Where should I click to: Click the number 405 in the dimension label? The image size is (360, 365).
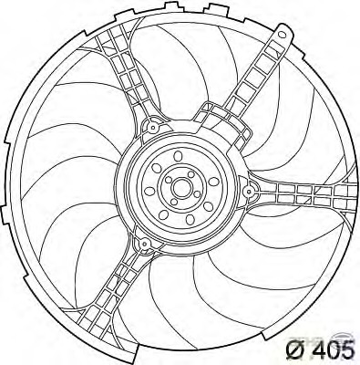tap(334, 349)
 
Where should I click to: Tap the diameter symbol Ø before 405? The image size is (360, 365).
tap(294, 349)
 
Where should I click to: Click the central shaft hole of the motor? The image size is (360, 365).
tap(180, 188)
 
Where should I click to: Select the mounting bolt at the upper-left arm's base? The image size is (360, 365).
tap(153, 127)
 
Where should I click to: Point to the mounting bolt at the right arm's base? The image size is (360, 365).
tap(249, 191)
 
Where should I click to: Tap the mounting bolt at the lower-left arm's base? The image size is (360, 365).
tap(145, 244)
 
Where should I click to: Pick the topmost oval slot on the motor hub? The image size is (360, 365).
tap(177, 156)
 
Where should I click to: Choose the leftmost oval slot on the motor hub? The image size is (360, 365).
tap(150, 191)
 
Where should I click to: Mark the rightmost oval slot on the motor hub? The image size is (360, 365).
tap(214, 182)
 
